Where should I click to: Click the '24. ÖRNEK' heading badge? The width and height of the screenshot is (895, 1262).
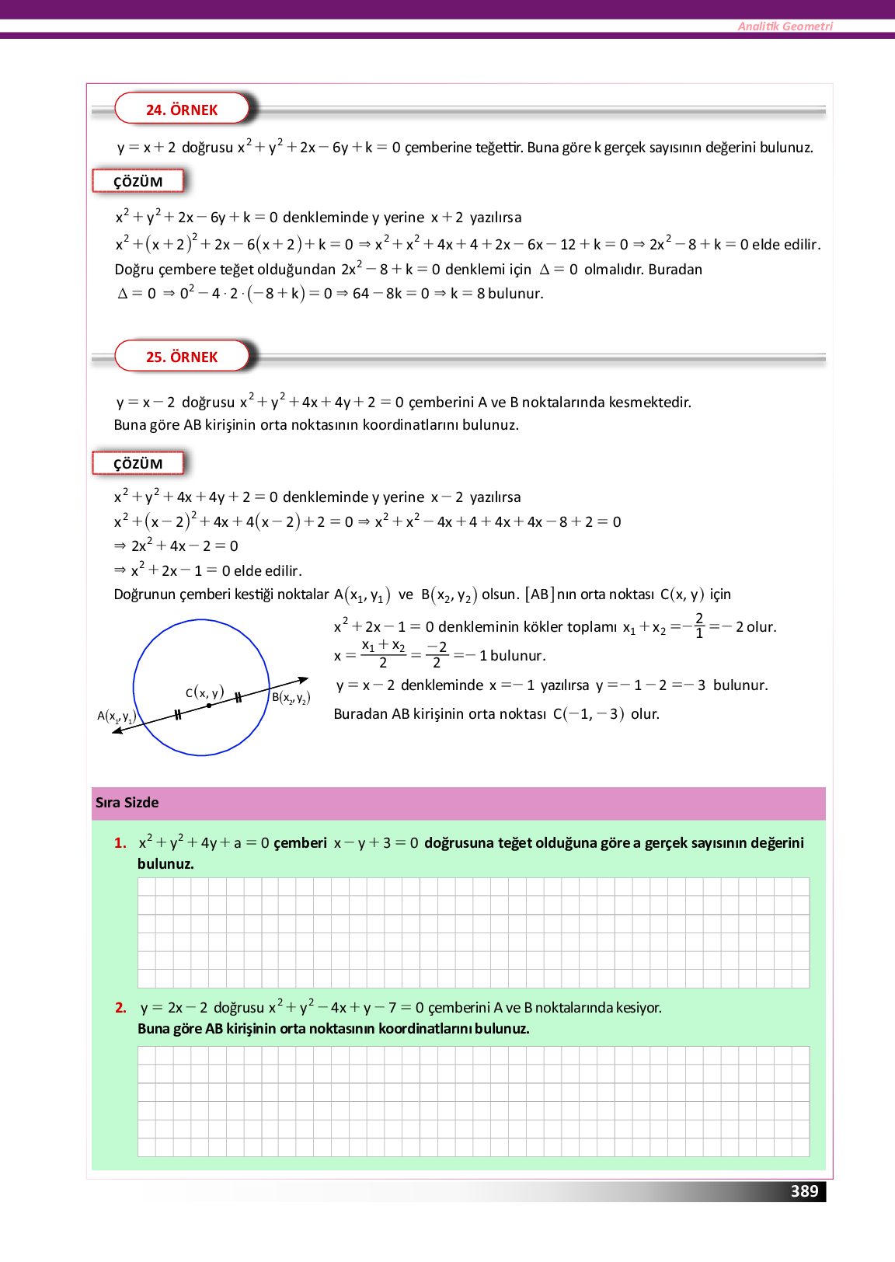pyautogui.click(x=182, y=110)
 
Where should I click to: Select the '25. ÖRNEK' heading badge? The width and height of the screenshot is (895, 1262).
pyautogui.click(x=182, y=357)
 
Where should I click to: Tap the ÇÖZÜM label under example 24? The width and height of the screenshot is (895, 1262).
pyautogui.click(x=138, y=182)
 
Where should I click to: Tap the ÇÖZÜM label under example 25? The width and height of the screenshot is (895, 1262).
pyautogui.click(x=138, y=464)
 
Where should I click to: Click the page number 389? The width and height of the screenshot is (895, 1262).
pyautogui.click(x=804, y=1191)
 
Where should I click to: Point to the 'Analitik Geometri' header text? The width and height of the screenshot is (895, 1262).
pyautogui.click(x=785, y=26)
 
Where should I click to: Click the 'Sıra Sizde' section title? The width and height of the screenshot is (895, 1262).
pyautogui.click(x=127, y=803)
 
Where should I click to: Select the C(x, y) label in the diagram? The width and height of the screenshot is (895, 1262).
pyautogui.click(x=204, y=692)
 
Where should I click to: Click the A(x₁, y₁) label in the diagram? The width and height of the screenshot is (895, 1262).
pyautogui.click(x=117, y=716)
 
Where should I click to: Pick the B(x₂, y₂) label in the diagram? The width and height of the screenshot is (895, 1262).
pyautogui.click(x=291, y=698)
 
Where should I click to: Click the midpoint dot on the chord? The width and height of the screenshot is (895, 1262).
pyautogui.click(x=209, y=706)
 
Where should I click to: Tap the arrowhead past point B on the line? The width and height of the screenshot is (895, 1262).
pyautogui.click(x=304, y=680)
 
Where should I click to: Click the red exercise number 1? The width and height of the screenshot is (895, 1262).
pyautogui.click(x=120, y=843)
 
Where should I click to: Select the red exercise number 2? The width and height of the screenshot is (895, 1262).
pyautogui.click(x=120, y=1008)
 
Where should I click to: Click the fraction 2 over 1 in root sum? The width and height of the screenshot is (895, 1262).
pyautogui.click(x=699, y=626)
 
